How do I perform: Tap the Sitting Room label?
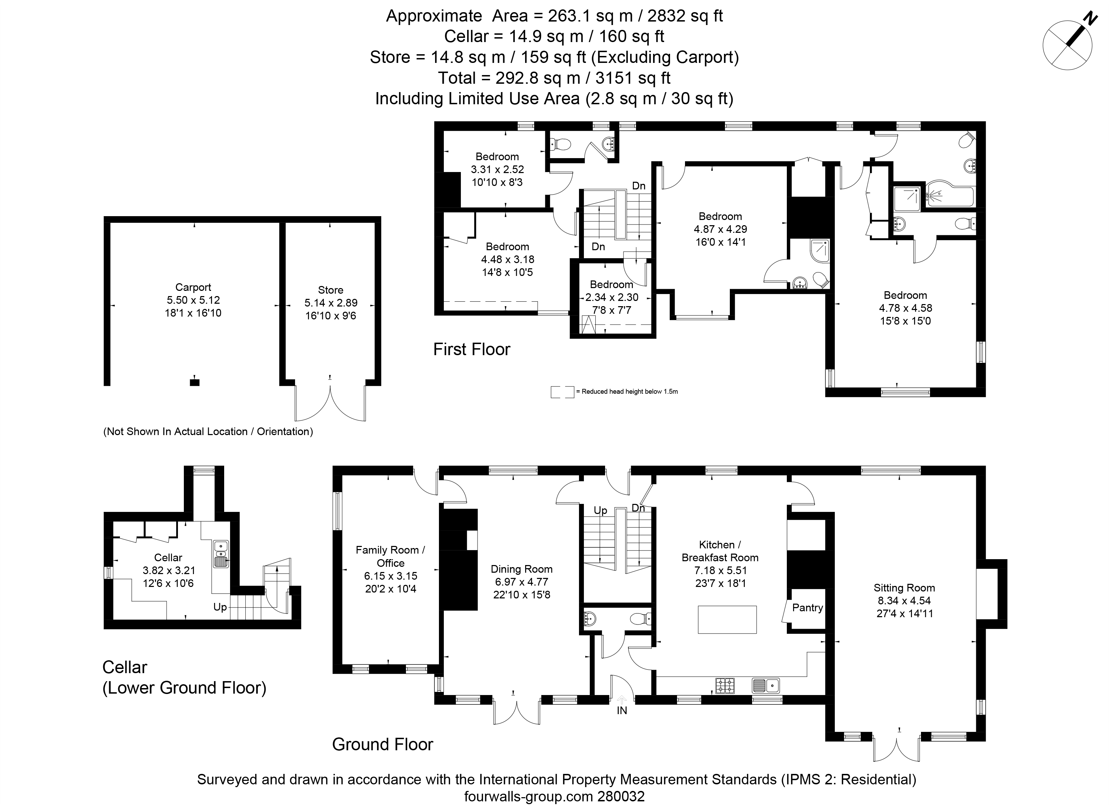point(904,588)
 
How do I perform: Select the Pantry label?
point(807,608)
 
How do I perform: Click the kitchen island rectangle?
point(727,620)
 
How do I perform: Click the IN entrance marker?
point(622,710)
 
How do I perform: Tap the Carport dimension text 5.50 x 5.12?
point(193,300)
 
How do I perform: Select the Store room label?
point(331,290)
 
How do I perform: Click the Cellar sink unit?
point(221,554)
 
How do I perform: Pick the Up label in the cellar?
point(220,607)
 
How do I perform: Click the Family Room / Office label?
point(390,556)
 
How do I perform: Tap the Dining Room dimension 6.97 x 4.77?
point(521,582)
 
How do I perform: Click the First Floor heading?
point(472,349)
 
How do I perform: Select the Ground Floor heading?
point(382,744)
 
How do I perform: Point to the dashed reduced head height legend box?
point(562,392)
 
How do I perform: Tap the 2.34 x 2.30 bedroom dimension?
point(612,297)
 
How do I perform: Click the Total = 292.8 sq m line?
point(554,78)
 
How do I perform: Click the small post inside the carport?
point(194,382)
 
